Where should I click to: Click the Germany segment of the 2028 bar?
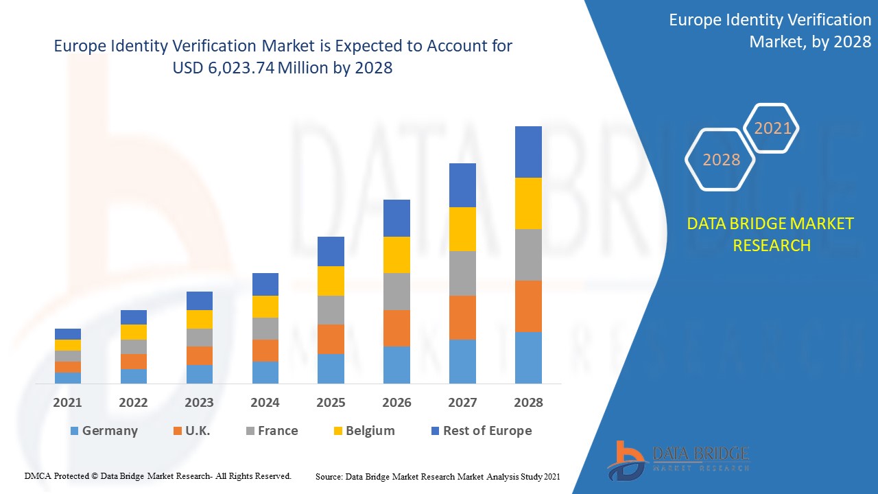[x=528, y=357]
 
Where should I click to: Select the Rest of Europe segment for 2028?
[x=528, y=152]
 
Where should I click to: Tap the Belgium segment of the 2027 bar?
[x=462, y=229]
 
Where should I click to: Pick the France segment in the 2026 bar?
[x=396, y=292]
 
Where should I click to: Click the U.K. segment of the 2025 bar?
[x=331, y=339]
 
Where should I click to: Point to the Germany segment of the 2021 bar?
[x=68, y=377]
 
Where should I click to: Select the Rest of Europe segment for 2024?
[x=265, y=284]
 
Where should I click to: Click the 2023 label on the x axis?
[x=199, y=403]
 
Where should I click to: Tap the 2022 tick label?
[x=133, y=403]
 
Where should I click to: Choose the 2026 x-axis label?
[x=396, y=403]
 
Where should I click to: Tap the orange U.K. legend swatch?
[x=178, y=431]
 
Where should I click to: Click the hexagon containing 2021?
[x=772, y=128]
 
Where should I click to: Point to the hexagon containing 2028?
[x=721, y=160]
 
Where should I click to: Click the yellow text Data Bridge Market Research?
[x=771, y=234]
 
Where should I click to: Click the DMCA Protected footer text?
[x=158, y=475]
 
